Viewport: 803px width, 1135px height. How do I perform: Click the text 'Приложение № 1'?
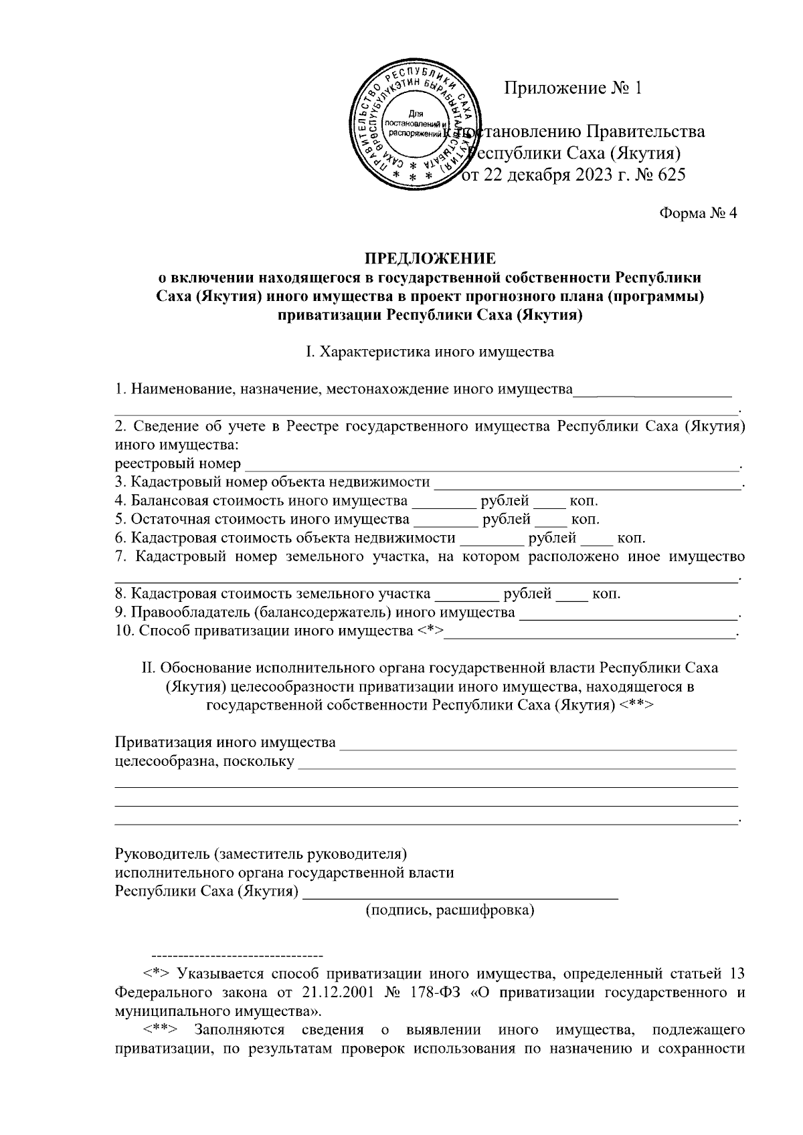click(x=573, y=88)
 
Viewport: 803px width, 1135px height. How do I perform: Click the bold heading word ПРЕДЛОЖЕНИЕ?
click(x=430, y=258)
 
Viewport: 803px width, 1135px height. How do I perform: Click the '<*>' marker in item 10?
click(x=431, y=631)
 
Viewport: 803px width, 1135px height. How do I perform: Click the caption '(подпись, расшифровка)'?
click(x=449, y=910)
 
